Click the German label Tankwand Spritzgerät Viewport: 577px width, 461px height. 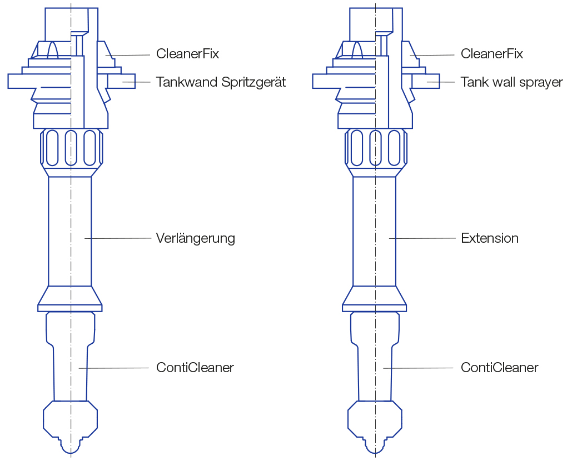tap(221, 82)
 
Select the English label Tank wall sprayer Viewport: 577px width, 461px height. tap(511, 82)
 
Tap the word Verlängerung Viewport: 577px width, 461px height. tap(196, 238)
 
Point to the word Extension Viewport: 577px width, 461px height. tap(490, 238)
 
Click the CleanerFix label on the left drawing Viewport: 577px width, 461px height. tap(187, 54)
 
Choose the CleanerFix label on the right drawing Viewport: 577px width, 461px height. tap(492, 54)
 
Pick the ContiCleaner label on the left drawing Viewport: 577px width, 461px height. tap(195, 367)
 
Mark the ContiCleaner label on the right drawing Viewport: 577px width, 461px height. tap(500, 367)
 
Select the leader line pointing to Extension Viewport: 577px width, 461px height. tap(422, 238)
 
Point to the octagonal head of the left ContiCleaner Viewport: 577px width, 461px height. tap(71, 420)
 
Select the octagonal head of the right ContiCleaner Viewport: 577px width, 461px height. tap(375, 420)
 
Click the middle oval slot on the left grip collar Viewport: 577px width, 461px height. tap(71, 147)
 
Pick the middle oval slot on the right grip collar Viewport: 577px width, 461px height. tap(375, 147)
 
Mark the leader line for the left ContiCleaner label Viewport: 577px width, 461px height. tap(115, 368)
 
